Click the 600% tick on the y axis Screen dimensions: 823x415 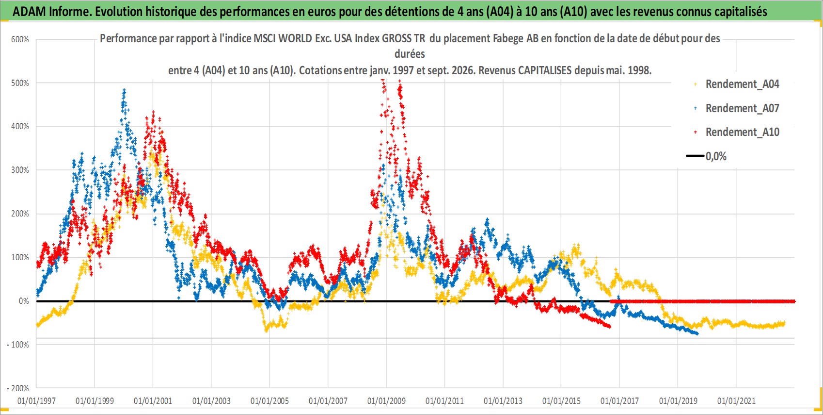point(20,39)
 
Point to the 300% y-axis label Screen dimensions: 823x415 point(20,170)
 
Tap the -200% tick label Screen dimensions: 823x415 point(18,388)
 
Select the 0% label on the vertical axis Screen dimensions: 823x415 point(24,301)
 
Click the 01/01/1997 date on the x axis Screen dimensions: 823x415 point(36,400)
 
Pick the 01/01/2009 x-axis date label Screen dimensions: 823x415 point(386,400)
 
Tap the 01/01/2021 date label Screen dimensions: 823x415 point(736,400)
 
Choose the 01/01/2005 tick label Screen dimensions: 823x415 point(269,400)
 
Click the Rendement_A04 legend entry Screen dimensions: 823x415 point(742,84)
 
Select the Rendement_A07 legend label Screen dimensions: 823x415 point(742,108)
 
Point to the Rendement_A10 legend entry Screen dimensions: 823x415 point(742,132)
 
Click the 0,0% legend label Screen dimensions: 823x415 point(716,156)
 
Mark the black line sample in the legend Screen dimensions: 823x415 point(695,156)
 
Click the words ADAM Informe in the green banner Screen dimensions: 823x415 point(51,12)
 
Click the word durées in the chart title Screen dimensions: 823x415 point(410,54)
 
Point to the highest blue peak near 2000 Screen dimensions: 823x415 point(124,90)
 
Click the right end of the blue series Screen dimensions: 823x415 point(697,333)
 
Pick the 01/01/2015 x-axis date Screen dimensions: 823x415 point(561,400)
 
